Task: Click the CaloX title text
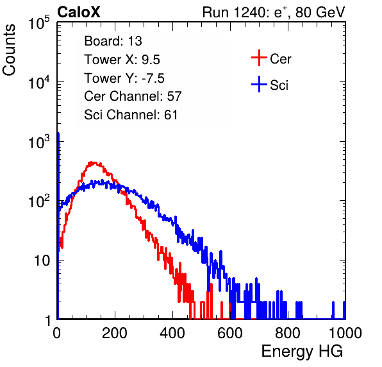click(x=78, y=12)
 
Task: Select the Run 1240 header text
click(x=274, y=13)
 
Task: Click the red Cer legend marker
click(x=259, y=58)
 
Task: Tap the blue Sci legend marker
click(x=259, y=84)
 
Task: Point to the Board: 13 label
click(x=113, y=41)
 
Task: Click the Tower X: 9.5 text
click(x=122, y=60)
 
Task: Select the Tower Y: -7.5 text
click(x=124, y=78)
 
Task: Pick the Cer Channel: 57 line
click(x=133, y=96)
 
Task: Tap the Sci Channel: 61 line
click(x=131, y=115)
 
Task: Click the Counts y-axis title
click(x=9, y=50)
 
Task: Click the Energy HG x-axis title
click(x=302, y=352)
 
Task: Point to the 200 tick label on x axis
click(x=115, y=333)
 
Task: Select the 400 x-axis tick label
click(x=172, y=333)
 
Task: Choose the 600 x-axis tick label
click(x=230, y=333)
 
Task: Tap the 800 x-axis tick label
click(x=288, y=333)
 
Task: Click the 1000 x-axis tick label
click(x=345, y=333)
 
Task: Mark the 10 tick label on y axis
click(x=42, y=260)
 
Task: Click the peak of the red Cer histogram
click(x=92, y=162)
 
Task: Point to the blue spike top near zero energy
click(x=58, y=133)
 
